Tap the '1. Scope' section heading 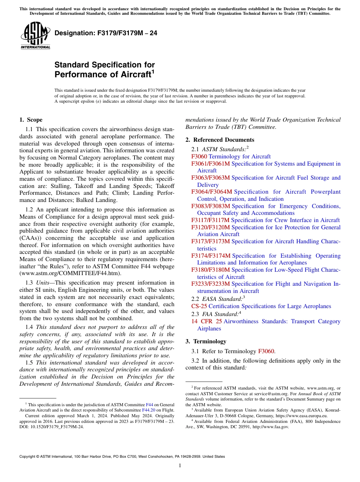coord(31,120)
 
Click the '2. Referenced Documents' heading coord(220,140)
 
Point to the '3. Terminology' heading coord(206,341)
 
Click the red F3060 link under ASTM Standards coord(199,156)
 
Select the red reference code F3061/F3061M coord(210,164)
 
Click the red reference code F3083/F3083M coord(210,206)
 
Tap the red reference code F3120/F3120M coord(210,227)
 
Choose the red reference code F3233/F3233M coord(210,284)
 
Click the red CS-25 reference coord(199,306)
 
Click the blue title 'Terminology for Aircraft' coord(239,156)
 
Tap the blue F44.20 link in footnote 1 coord(149,410)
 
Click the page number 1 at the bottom coord(180,466)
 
